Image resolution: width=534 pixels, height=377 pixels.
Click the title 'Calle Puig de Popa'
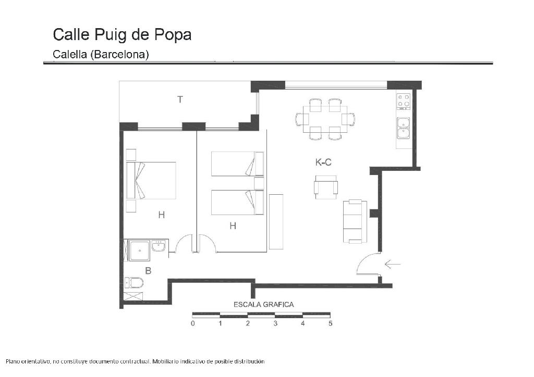coord(122,35)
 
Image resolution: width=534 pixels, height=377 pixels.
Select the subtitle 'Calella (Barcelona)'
coord(101,54)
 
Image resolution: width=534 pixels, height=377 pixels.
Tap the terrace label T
coord(180,99)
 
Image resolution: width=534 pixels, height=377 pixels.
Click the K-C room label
coord(323,162)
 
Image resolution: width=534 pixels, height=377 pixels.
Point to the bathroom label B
coord(148,271)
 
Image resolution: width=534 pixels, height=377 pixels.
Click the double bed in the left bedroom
coord(151,181)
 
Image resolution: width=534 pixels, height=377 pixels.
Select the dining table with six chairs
coord(325,119)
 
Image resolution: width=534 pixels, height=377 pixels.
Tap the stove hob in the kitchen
coord(404,100)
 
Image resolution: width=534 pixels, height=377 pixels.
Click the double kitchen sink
coord(404,128)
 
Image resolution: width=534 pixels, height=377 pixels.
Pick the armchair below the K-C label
coord(326,187)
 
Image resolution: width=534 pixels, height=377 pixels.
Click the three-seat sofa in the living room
coord(355,222)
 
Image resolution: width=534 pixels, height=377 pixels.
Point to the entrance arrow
coord(392,264)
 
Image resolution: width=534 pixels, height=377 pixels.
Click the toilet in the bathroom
coord(134,282)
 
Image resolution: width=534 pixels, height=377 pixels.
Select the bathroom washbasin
coord(159,246)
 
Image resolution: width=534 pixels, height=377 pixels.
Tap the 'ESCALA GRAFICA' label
coord(263,305)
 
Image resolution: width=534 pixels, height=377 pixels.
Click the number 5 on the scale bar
coord(330,323)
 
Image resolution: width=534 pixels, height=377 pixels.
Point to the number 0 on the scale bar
coord(193,323)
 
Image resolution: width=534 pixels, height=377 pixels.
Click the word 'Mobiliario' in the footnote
coord(165,361)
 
